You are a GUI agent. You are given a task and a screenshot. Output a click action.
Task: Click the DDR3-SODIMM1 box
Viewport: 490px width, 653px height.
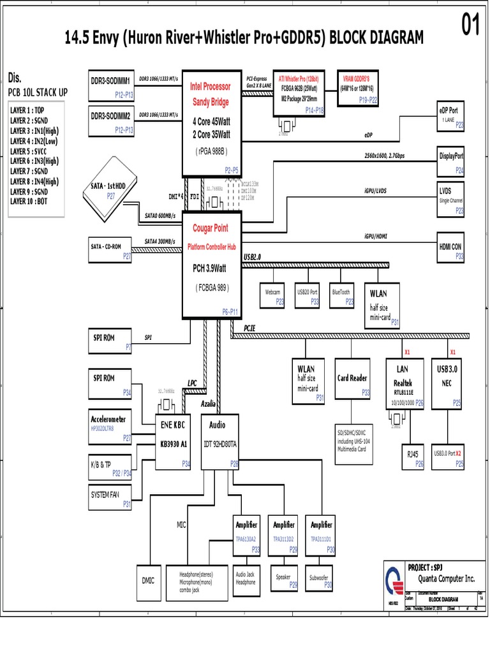coord(112,87)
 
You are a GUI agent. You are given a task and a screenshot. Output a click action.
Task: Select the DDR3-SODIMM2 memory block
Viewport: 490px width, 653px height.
coord(112,122)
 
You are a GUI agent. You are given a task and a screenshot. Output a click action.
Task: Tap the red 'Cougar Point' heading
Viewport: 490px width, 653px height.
coord(210,228)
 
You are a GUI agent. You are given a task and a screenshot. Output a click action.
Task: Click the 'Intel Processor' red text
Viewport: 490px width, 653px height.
coord(210,86)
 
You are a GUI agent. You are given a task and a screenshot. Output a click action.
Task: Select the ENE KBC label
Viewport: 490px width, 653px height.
coord(172,425)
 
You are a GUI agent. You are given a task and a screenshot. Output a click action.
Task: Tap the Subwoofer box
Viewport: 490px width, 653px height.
coord(320,580)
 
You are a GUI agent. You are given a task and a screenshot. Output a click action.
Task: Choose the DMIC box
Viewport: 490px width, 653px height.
coord(148,580)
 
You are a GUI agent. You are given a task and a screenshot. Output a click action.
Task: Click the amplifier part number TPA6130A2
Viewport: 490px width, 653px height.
coord(248,539)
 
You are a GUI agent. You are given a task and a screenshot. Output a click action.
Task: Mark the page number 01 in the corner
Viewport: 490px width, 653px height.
coord(470,27)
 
